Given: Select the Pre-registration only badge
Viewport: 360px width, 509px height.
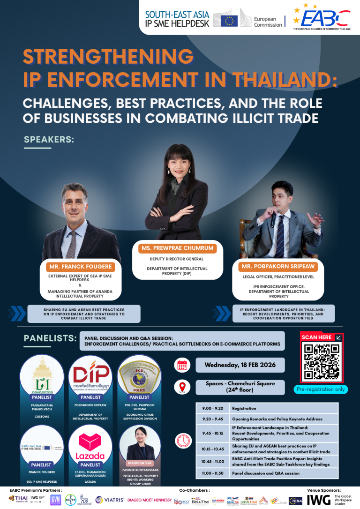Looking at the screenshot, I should pos(321,389).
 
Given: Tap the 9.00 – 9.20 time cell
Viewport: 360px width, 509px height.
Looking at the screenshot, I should pos(212,408).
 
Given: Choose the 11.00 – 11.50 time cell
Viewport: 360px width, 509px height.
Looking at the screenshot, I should pos(212,473).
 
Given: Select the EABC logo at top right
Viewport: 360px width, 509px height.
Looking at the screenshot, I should pos(321,17).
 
